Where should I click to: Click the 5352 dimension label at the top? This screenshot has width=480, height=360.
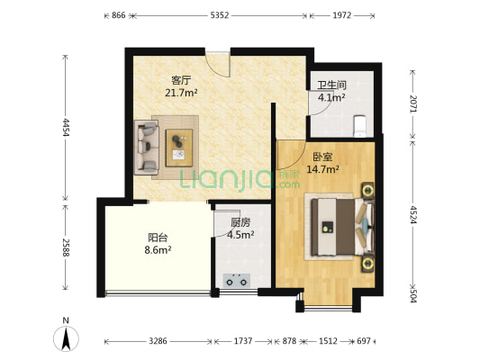click(220, 15)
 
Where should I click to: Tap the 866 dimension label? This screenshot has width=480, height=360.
click(119, 15)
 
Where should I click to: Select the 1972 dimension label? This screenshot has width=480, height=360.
click(342, 15)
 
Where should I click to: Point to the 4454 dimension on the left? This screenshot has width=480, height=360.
click(65, 128)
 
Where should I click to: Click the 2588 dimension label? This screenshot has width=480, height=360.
click(65, 247)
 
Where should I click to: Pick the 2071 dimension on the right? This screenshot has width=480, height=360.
click(413, 103)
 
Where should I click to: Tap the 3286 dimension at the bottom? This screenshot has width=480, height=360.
click(158, 341)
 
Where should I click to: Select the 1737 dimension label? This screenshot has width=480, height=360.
click(243, 341)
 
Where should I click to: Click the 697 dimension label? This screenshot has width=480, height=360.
click(364, 341)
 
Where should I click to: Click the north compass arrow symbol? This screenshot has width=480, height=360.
click(66, 338)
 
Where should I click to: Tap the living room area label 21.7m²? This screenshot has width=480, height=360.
click(181, 93)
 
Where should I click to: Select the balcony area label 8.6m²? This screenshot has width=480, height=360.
click(158, 250)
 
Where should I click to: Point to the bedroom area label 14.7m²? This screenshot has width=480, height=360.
click(322, 169)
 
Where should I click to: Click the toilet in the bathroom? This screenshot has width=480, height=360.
click(359, 126)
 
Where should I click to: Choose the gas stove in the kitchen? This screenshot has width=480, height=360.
click(236, 281)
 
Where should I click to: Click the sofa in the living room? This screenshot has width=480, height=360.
click(147, 147)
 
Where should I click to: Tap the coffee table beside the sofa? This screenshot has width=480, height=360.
click(179, 148)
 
